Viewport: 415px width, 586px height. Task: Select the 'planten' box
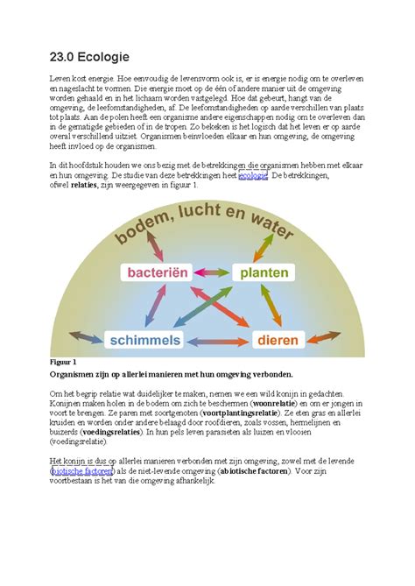click(264, 273)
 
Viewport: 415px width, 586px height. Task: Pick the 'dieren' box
click(277, 339)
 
